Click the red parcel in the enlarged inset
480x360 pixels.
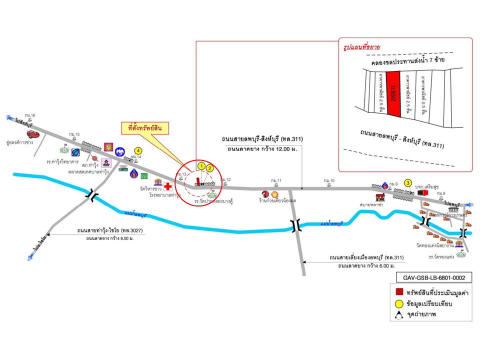[x=394, y=93]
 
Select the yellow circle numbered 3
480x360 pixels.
[x=408, y=183]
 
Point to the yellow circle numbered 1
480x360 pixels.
[x=201, y=164]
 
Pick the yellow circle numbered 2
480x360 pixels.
[x=210, y=168]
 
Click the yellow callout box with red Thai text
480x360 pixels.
[x=145, y=128]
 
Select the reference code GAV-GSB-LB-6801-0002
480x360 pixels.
[x=430, y=276]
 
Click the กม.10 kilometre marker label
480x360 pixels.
[x=329, y=180]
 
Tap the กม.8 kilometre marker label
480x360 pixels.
[x=440, y=193]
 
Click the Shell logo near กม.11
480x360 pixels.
[x=274, y=194]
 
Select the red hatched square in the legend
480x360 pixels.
[x=398, y=291]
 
